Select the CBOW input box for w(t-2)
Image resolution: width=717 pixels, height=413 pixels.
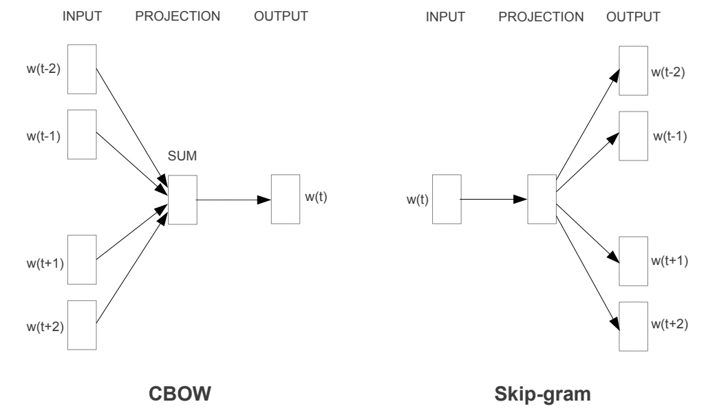(82, 70)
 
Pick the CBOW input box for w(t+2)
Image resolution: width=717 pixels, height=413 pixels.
(82, 325)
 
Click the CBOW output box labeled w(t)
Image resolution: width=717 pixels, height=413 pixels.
(285, 199)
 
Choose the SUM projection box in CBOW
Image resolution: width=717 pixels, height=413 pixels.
(182, 199)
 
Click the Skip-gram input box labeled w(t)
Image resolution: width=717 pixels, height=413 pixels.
(446, 199)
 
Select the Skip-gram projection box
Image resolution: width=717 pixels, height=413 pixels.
(542, 199)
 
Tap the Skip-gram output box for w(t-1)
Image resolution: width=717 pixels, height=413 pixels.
(632, 135)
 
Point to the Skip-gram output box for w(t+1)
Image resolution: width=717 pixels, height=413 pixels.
(632, 260)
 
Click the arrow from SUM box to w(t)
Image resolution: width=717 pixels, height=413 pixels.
(234, 200)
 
